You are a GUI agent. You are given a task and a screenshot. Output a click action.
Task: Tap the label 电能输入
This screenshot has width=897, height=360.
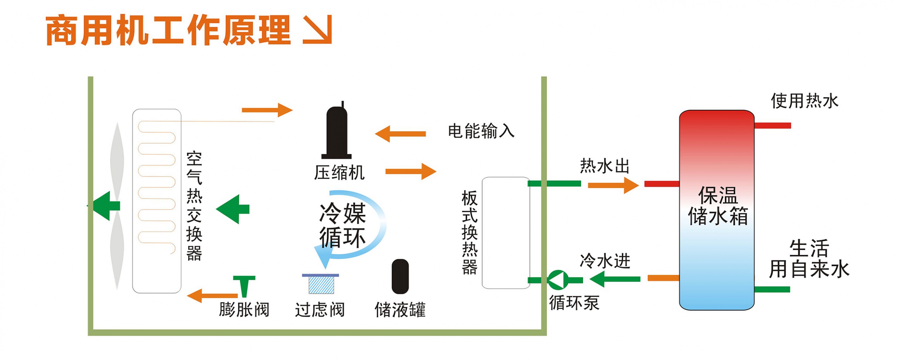pyautogui.click(x=481, y=131)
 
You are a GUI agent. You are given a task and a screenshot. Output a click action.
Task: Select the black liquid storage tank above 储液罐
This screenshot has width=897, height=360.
pyautogui.click(x=400, y=276)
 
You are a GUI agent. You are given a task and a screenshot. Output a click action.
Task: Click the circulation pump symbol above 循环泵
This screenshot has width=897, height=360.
pyautogui.click(x=558, y=280)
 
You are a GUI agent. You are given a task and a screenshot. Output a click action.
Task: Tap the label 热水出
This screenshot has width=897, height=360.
pyautogui.click(x=605, y=166)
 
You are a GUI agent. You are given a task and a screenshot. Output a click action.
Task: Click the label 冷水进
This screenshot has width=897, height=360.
pyautogui.click(x=605, y=261)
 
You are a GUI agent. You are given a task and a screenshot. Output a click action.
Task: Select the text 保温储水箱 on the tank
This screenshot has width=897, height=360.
pyautogui.click(x=718, y=206)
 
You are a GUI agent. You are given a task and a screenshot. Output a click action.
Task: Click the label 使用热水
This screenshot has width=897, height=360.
pyautogui.click(x=804, y=101)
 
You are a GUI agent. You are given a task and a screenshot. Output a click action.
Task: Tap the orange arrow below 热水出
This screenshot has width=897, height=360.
pyautogui.click(x=613, y=186)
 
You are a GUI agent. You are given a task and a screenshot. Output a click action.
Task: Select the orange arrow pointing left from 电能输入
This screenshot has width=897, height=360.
pyautogui.click(x=400, y=134)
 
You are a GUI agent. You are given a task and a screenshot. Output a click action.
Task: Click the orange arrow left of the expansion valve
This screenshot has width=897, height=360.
pyautogui.click(x=212, y=296)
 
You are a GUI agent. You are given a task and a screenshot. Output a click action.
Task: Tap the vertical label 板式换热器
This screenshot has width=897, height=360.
pyautogui.click(x=469, y=233)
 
